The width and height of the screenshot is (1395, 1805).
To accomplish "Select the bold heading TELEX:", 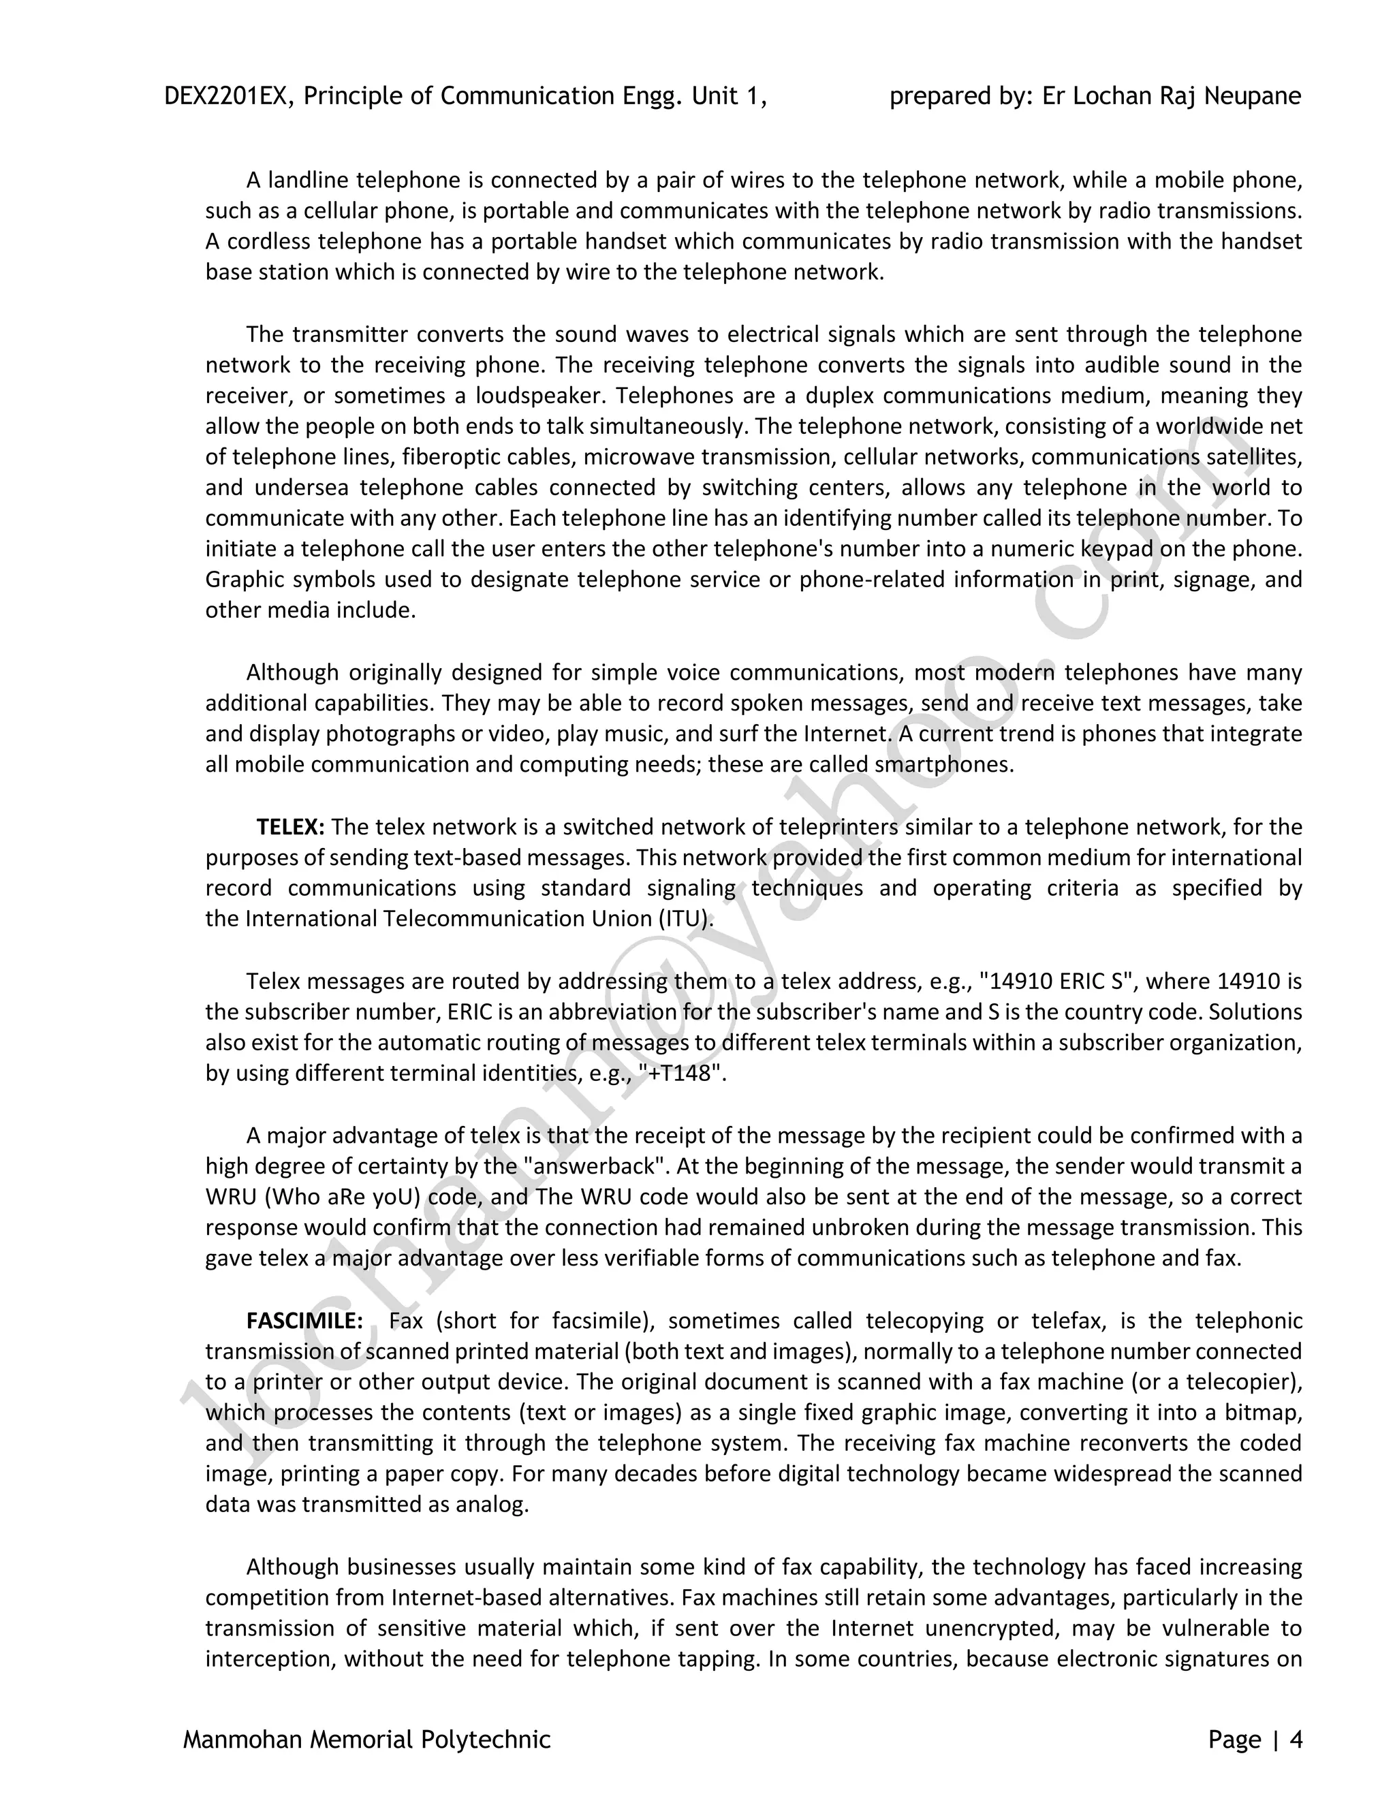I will (290, 828).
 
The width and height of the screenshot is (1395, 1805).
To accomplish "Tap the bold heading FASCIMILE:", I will (304, 1321).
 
